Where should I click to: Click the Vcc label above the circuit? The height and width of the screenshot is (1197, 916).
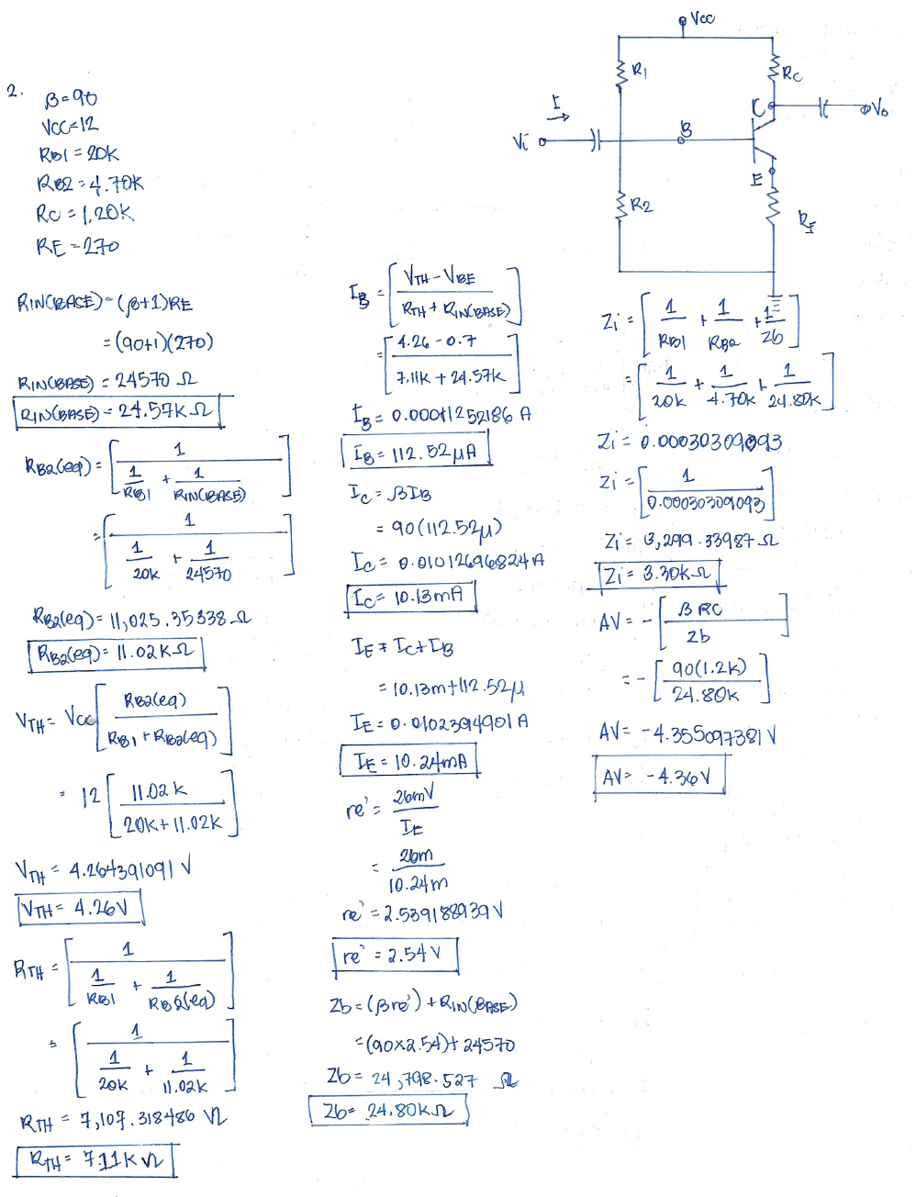pyautogui.click(x=702, y=17)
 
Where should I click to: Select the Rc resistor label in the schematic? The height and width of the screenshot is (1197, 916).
pyautogui.click(x=791, y=73)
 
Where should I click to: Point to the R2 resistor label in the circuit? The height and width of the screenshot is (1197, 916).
pyautogui.click(x=641, y=205)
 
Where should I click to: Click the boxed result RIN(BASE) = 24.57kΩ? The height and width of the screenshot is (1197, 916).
pyautogui.click(x=117, y=411)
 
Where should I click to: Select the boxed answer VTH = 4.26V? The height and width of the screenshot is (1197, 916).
pyautogui.click(x=80, y=909)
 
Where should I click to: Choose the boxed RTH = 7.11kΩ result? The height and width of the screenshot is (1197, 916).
pyautogui.click(x=95, y=1160)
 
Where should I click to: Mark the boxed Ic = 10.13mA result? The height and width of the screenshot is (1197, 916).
pyautogui.click(x=411, y=597)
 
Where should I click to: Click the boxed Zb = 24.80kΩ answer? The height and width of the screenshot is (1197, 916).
pyautogui.click(x=388, y=1111)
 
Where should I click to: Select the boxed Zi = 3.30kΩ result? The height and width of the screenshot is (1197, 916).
pyautogui.click(x=658, y=576)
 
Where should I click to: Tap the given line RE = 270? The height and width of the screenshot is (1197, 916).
pyautogui.click(x=78, y=246)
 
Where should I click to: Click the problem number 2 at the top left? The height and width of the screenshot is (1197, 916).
pyautogui.click(x=13, y=90)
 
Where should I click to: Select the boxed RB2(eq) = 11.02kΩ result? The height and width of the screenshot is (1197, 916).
pyautogui.click(x=116, y=654)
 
